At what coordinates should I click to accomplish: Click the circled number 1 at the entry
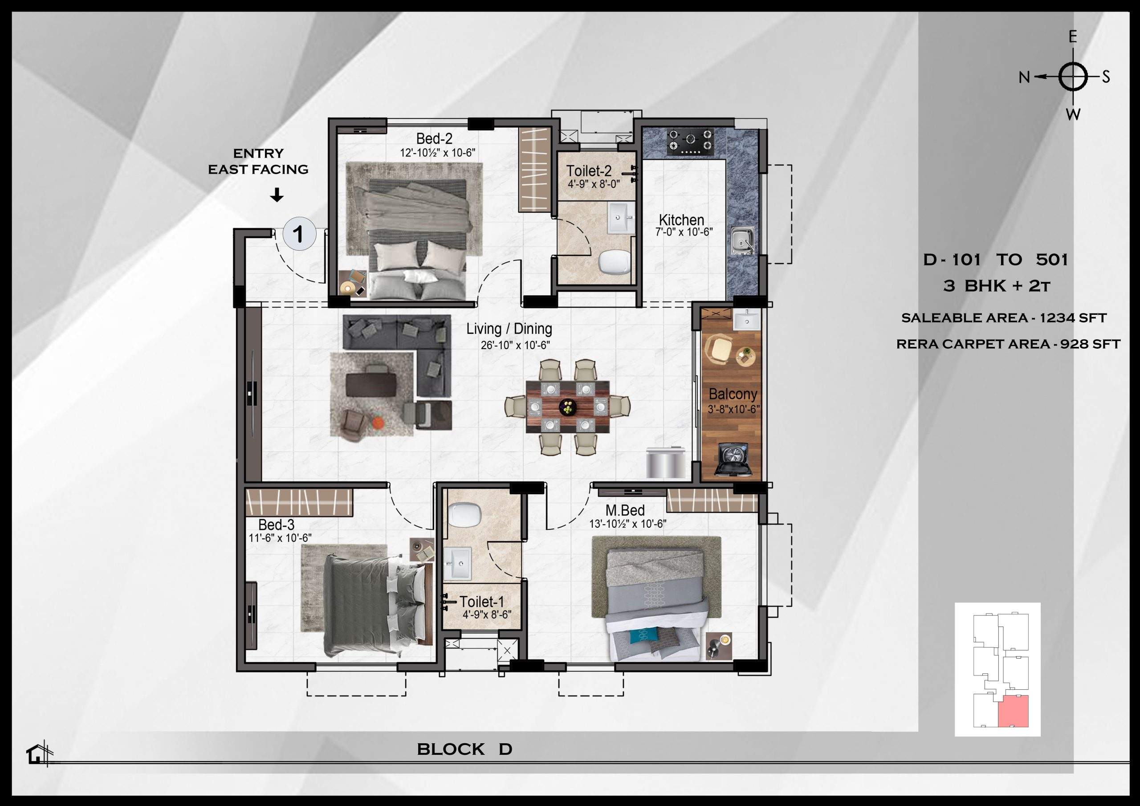[299, 233]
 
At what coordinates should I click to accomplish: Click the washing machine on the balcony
[733, 460]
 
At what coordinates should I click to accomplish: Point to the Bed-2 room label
[434, 138]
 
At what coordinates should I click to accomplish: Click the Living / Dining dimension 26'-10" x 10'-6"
[515, 345]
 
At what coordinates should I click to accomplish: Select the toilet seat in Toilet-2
[614, 262]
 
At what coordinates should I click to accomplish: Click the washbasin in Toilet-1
[458, 563]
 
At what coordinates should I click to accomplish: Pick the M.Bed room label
[625, 510]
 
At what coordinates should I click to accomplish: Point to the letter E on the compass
[1072, 38]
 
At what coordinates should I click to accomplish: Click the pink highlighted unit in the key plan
[1014, 711]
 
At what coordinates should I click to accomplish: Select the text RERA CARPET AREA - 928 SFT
[1008, 344]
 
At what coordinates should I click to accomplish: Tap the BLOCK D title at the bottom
[464, 749]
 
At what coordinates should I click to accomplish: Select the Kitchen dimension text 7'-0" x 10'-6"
[684, 232]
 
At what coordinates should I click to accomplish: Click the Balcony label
[733, 394]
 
